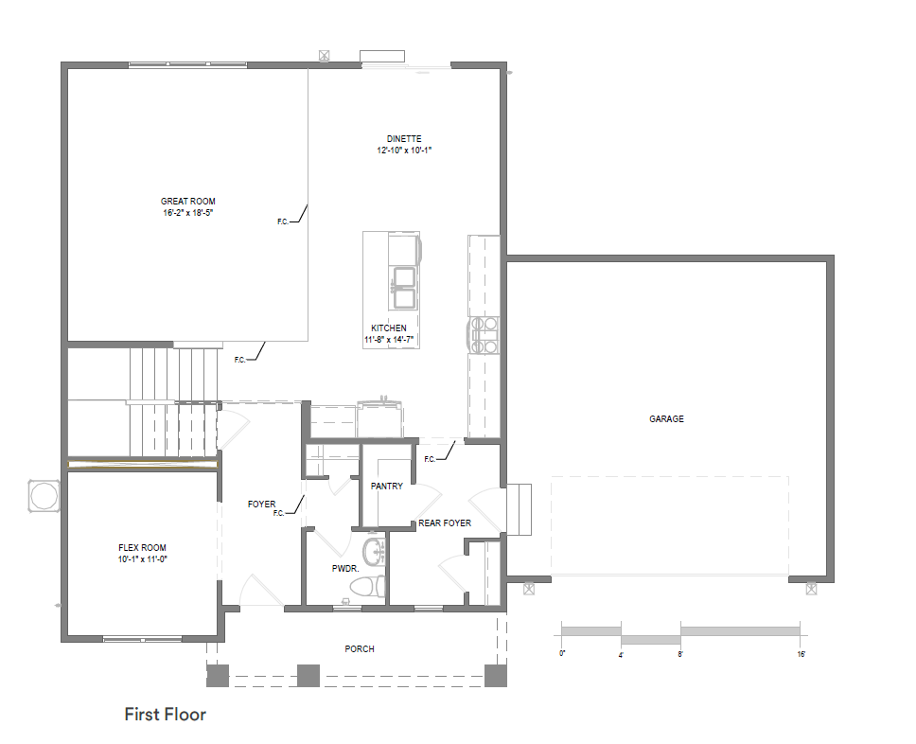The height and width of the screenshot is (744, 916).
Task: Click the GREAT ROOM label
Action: [188, 201]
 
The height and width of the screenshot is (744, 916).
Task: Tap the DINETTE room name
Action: [404, 139]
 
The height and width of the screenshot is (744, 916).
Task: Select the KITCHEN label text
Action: [389, 328]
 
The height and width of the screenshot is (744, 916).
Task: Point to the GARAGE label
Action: [666, 419]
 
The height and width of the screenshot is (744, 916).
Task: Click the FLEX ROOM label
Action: [142, 548]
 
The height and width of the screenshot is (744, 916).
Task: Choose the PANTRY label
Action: [387, 487]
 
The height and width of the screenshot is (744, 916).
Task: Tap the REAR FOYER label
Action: [445, 523]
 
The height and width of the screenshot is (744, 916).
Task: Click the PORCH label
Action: [360, 648]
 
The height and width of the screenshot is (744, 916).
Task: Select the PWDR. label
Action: [345, 568]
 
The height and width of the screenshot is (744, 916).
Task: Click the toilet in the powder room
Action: [367, 587]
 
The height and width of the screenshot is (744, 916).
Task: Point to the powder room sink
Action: [375, 551]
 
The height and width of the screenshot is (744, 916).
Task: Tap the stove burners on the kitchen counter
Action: [484, 335]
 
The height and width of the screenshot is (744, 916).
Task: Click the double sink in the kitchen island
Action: [403, 287]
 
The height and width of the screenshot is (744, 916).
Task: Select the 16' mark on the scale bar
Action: [801, 654]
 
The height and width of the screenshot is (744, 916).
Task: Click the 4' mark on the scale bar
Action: [621, 655]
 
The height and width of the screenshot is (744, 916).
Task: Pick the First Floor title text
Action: [166, 715]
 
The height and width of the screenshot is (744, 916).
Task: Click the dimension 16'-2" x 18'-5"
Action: [188, 213]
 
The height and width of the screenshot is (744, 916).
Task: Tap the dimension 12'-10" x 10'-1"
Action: [404, 151]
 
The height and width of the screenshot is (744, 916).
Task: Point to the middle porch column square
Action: [308, 676]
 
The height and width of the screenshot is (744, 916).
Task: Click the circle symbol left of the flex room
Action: [44, 497]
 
